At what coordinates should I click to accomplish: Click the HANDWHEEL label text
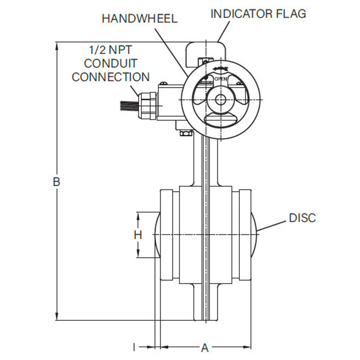[x=139, y=18]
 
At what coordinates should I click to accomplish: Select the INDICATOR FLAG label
[x=258, y=13]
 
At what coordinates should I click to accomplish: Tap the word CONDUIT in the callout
[x=111, y=63]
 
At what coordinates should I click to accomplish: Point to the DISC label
[x=302, y=218]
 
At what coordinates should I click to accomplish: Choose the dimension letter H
[x=138, y=234]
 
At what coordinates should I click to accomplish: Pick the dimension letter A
[x=205, y=347]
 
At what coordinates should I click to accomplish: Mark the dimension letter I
[x=134, y=347]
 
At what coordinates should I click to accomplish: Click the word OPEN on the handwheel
[x=220, y=79]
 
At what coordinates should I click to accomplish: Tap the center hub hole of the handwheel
[x=220, y=99]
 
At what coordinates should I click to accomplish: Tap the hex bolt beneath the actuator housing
[x=186, y=133]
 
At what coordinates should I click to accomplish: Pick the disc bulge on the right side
[x=254, y=234]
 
